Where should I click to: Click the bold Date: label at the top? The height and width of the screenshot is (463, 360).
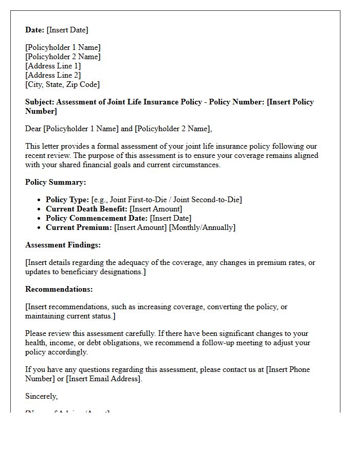(35, 30)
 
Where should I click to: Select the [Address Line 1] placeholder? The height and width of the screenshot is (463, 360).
(53, 66)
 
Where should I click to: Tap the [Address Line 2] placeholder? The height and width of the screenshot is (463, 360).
(53, 75)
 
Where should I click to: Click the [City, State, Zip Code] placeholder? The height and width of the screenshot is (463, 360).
(62, 84)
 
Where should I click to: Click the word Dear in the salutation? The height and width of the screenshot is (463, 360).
(33, 129)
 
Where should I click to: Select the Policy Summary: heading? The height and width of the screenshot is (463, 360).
(56, 182)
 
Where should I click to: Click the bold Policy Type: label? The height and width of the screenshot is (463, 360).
(67, 200)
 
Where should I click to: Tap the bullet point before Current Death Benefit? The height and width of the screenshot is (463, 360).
(40, 209)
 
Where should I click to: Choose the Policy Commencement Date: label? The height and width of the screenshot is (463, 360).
(97, 218)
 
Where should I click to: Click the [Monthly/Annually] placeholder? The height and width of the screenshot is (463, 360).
(202, 227)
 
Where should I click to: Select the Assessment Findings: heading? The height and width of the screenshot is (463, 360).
(63, 245)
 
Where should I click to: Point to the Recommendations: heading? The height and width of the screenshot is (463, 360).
(59, 289)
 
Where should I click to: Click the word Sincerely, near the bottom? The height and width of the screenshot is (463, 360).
(42, 396)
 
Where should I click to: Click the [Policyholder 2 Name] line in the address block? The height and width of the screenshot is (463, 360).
(63, 57)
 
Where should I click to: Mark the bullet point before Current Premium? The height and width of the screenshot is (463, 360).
(40, 228)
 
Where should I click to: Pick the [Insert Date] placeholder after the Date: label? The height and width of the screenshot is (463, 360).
(67, 30)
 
